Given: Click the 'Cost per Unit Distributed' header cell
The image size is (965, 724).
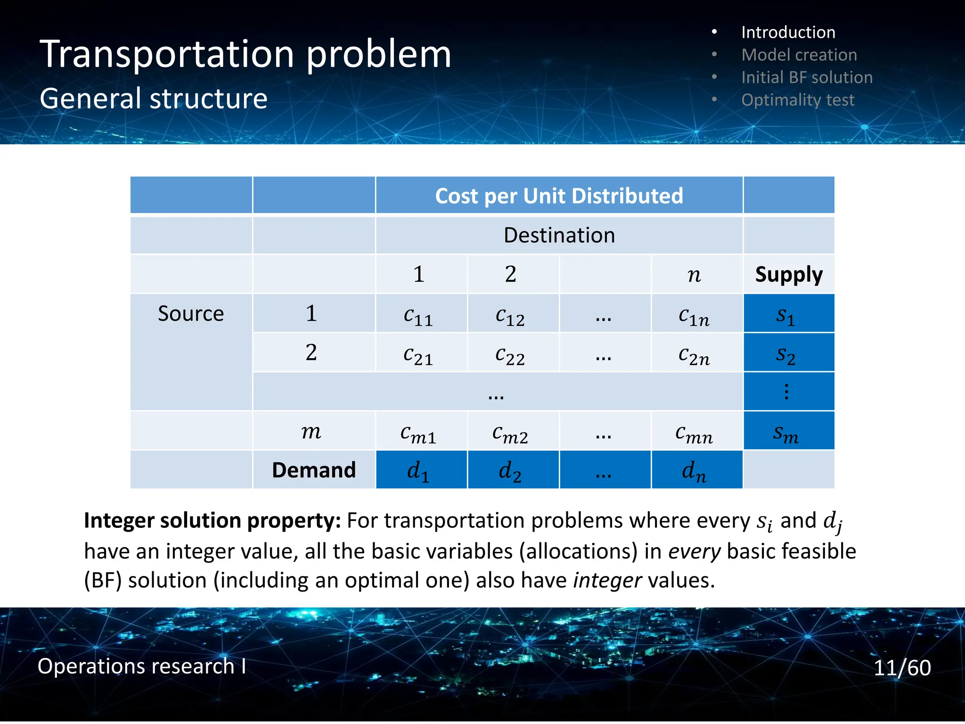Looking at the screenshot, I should (x=559, y=196).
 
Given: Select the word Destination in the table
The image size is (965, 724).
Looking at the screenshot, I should (x=559, y=235).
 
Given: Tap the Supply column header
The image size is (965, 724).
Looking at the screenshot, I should (x=788, y=274).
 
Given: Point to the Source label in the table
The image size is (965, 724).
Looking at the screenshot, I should (x=191, y=313).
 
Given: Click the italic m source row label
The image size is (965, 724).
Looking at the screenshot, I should (x=311, y=431).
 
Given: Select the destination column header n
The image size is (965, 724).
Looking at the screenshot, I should (x=694, y=274).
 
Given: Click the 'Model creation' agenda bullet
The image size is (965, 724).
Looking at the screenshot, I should (x=799, y=55).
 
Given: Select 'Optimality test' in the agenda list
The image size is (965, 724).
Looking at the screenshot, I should (x=797, y=100).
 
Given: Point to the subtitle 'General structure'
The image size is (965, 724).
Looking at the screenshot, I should (x=154, y=99).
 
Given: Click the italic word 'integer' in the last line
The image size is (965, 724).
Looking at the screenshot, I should (x=607, y=580).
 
